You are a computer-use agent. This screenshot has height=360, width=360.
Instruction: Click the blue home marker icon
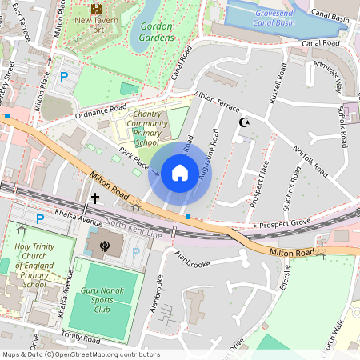point(180,172)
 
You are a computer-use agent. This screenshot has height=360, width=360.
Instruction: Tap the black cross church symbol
point(95,198)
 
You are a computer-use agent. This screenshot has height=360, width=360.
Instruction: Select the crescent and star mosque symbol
point(245,122)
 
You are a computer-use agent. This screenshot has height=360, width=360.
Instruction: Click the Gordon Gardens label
point(156,31)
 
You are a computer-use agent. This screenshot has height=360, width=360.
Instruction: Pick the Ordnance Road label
point(101,109)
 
